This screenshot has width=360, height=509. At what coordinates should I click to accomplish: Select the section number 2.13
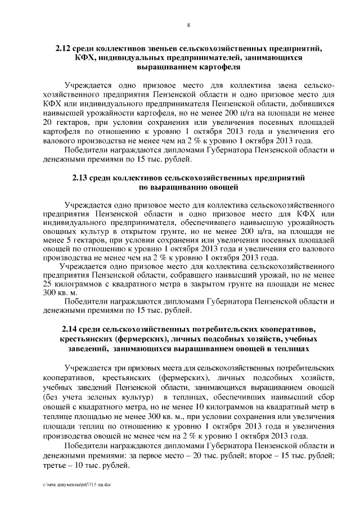[x=82, y=177]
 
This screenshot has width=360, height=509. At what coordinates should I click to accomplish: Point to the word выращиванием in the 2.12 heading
[x=163, y=67]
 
